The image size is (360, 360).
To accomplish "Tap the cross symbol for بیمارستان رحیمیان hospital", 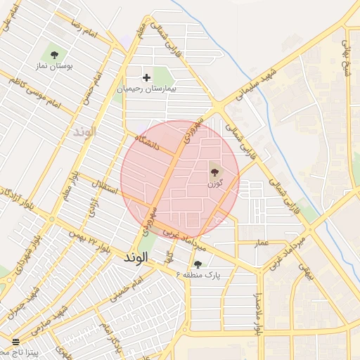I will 146,77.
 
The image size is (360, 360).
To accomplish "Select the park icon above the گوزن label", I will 214,170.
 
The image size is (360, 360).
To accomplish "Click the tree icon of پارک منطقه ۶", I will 198,264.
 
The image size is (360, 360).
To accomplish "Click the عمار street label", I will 262,242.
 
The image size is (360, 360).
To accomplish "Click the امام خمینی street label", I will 127,285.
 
